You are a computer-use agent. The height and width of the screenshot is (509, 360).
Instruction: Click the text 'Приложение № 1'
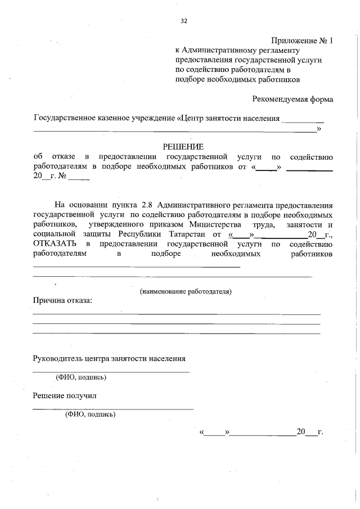pos(302,41)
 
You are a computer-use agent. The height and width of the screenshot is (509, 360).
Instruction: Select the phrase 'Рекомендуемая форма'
pos(292,99)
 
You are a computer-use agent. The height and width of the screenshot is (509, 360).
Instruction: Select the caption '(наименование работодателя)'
pos(186,291)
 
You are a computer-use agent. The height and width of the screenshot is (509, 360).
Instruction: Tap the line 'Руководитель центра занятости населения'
pos(109,358)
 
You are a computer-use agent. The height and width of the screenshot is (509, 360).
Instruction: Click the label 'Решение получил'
pos(65,395)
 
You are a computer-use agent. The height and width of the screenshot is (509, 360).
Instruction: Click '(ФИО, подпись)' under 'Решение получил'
pos(90,415)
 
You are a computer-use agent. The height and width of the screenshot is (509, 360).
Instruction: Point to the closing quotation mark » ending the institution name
pos(319,129)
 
